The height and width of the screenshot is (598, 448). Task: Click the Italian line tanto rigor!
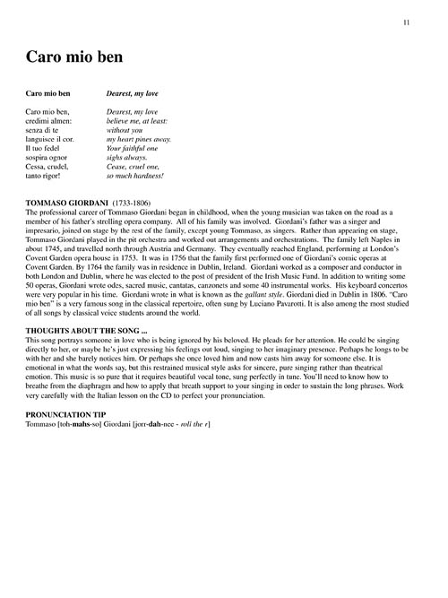click(47, 178)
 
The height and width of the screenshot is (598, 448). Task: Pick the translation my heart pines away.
click(141, 140)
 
